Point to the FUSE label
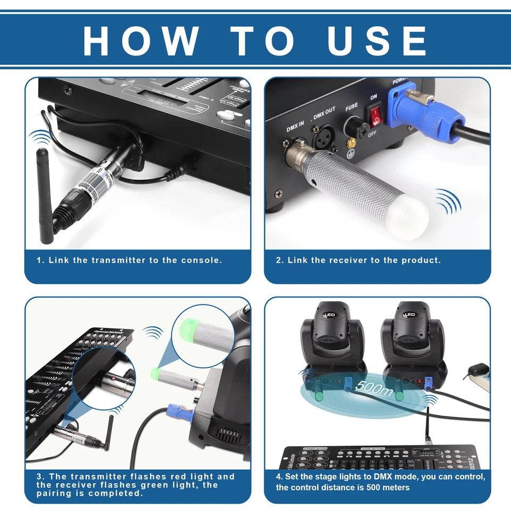coord(351,107)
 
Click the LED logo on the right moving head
coord(410,315)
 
